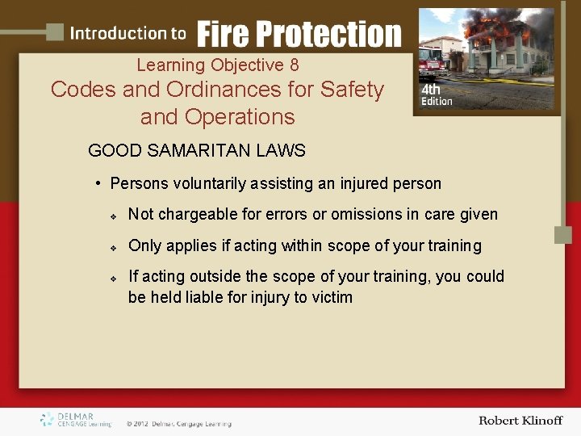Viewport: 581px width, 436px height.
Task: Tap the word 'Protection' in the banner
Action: click(x=332, y=34)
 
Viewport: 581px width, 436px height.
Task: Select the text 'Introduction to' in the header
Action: click(x=128, y=34)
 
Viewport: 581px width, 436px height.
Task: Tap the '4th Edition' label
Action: click(x=437, y=96)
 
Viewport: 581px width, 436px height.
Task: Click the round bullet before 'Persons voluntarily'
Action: click(x=98, y=184)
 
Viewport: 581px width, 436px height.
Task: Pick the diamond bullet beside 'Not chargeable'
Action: click(x=115, y=216)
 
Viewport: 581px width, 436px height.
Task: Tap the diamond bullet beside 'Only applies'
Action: click(x=115, y=246)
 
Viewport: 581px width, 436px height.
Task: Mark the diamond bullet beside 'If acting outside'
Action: click(x=115, y=277)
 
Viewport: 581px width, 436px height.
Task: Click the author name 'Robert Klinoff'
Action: click(x=520, y=421)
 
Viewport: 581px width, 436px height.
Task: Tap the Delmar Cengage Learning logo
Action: click(x=77, y=420)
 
